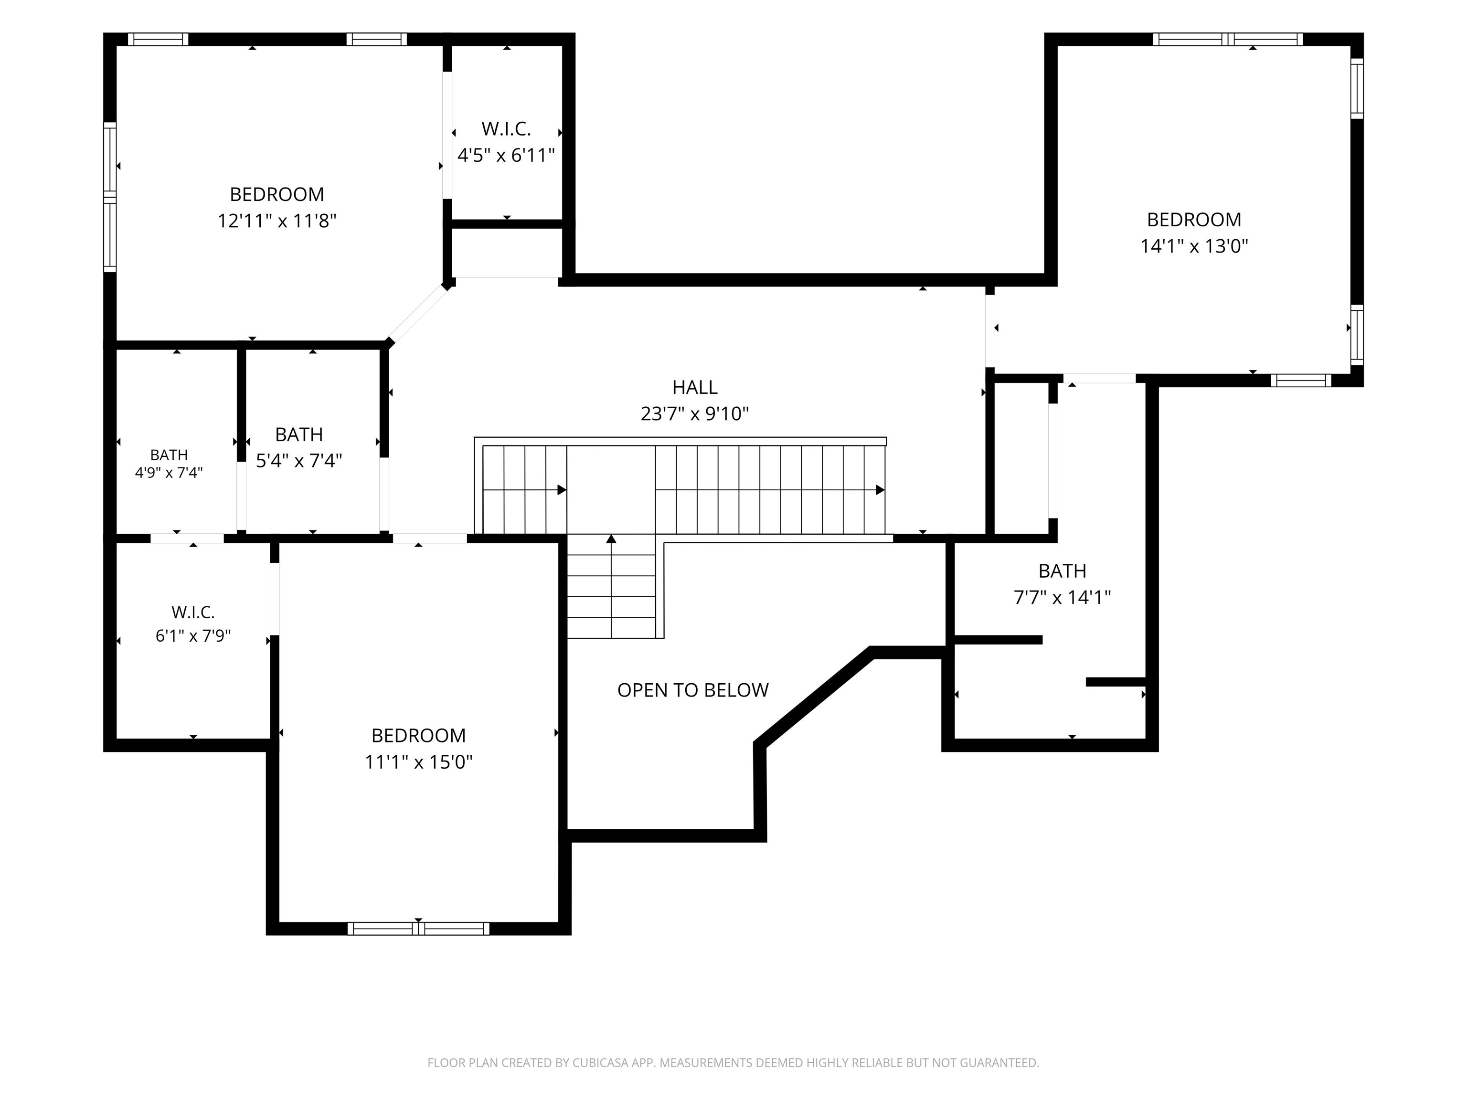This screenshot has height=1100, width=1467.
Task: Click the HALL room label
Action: (x=694, y=387)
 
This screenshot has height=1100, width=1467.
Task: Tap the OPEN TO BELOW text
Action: (x=693, y=690)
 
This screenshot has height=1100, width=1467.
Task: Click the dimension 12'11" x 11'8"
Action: (x=277, y=221)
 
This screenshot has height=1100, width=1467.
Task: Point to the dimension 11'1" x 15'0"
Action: (x=418, y=762)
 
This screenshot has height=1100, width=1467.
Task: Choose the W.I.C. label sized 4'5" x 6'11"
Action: (x=506, y=128)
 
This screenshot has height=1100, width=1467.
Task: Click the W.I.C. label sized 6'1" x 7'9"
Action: (x=193, y=612)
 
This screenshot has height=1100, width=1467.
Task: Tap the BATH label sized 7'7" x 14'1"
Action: (x=1063, y=571)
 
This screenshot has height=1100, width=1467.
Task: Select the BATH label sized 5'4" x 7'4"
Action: (x=299, y=435)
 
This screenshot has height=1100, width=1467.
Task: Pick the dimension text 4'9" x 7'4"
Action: (x=169, y=473)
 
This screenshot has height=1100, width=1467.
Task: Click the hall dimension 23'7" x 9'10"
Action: (x=694, y=414)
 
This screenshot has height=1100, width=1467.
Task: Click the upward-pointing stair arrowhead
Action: (x=611, y=539)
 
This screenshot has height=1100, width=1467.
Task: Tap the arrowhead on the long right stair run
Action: (x=880, y=490)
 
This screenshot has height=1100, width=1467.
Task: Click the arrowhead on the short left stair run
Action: (x=562, y=490)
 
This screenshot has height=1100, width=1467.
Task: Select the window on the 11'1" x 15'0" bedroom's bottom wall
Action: (x=418, y=929)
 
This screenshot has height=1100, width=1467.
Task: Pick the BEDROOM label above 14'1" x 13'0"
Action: (x=1194, y=220)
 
